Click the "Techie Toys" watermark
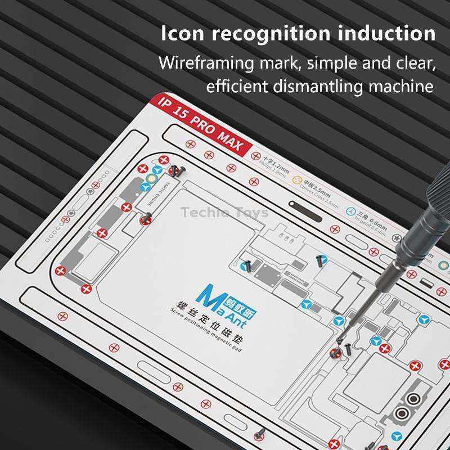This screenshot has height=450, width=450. [224, 213]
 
